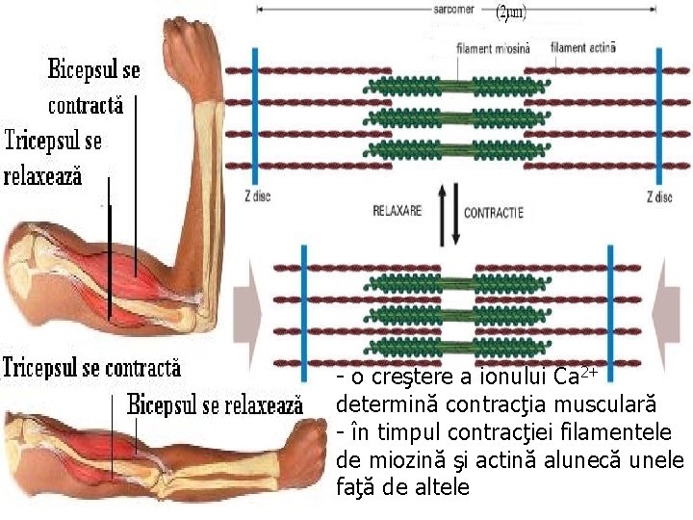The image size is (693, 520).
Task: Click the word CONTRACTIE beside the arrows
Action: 494,212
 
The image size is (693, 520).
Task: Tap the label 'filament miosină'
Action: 493,47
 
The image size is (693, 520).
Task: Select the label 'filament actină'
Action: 582,46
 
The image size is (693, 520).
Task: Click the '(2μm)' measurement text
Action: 511,14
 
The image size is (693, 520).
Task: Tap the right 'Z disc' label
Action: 659,196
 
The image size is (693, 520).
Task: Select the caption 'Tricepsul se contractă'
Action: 91,368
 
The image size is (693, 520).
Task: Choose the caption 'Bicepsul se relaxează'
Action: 215,404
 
